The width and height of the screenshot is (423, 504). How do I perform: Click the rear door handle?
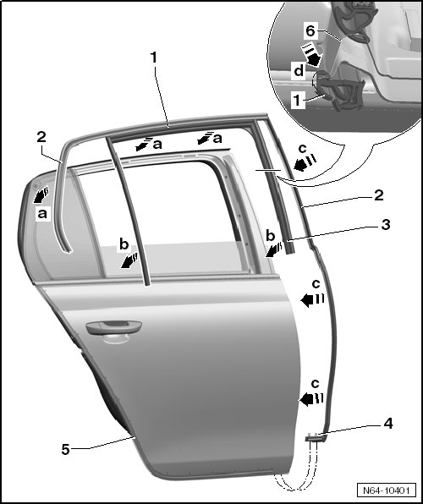[x=113, y=328]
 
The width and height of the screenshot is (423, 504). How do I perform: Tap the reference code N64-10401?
[x=386, y=490]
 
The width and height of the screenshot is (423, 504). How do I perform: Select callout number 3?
[x=386, y=225]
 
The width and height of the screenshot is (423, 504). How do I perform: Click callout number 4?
[x=388, y=424]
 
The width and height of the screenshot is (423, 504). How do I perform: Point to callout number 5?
[x=66, y=449]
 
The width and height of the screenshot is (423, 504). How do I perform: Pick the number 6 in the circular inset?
[x=310, y=31]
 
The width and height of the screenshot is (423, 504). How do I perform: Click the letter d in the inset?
[x=299, y=70]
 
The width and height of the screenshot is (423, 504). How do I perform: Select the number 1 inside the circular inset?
[x=297, y=101]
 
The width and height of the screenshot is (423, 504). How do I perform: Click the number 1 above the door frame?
[x=154, y=58]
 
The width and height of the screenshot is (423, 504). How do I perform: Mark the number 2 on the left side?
[x=41, y=137]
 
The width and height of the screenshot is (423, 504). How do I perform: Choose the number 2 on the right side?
[x=379, y=195]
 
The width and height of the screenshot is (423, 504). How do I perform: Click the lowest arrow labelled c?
[x=311, y=398]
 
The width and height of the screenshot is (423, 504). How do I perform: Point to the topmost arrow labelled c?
[x=305, y=163]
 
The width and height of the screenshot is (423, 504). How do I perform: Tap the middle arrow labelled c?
[x=312, y=299]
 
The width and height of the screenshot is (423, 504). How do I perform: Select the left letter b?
[x=124, y=244]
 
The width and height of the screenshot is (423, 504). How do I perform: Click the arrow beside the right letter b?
[x=273, y=250]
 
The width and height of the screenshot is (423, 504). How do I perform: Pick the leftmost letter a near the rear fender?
[x=42, y=213]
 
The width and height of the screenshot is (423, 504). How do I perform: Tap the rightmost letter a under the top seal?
[x=217, y=139]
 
